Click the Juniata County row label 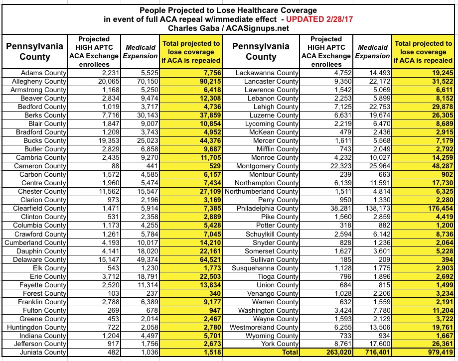pos(42,352)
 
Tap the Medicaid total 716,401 pos(372,352)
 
